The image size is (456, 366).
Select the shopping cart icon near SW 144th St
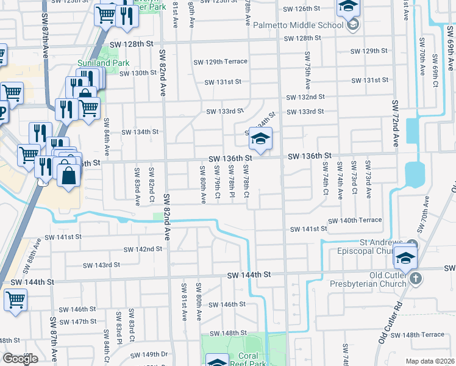(15, 300)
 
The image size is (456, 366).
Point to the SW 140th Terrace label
(355, 220)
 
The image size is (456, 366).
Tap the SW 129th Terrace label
(220, 62)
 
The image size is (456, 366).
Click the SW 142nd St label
(143, 249)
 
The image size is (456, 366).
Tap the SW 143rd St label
(101, 265)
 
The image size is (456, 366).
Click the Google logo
(20, 359)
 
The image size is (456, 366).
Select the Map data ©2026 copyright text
(430, 361)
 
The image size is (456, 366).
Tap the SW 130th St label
(138, 73)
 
